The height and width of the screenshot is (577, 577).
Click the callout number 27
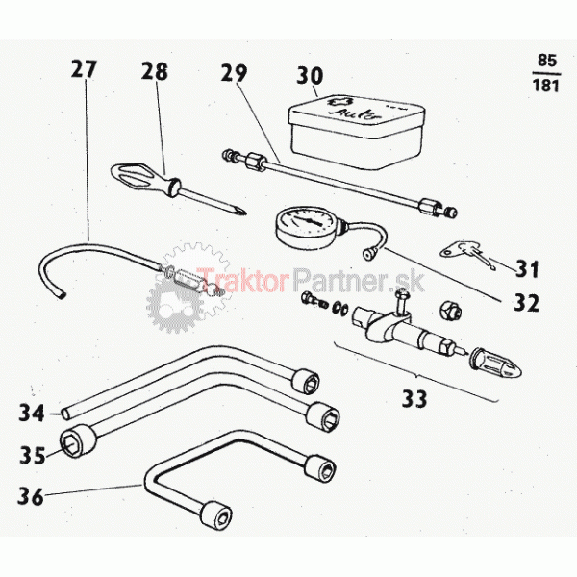coord(84,69)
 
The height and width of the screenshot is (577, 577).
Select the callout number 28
coord(155,71)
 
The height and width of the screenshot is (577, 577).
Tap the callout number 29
coord(234,73)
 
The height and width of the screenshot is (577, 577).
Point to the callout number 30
coord(310,75)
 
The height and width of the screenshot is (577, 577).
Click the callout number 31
coord(527,268)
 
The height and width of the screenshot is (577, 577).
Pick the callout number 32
coord(526,303)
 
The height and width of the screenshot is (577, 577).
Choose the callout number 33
coord(414,398)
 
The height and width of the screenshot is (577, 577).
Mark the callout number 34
coord(32,413)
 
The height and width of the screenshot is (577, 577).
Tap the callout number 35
coord(33,455)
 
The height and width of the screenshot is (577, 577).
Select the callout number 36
coord(31,496)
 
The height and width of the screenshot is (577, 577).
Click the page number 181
coord(545,86)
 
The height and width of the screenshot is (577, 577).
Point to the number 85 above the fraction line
coord(547,61)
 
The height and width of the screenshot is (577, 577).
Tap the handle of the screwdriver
coord(145,178)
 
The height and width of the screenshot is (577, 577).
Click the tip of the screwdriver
coord(244,213)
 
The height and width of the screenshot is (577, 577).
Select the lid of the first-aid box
coord(357,115)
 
